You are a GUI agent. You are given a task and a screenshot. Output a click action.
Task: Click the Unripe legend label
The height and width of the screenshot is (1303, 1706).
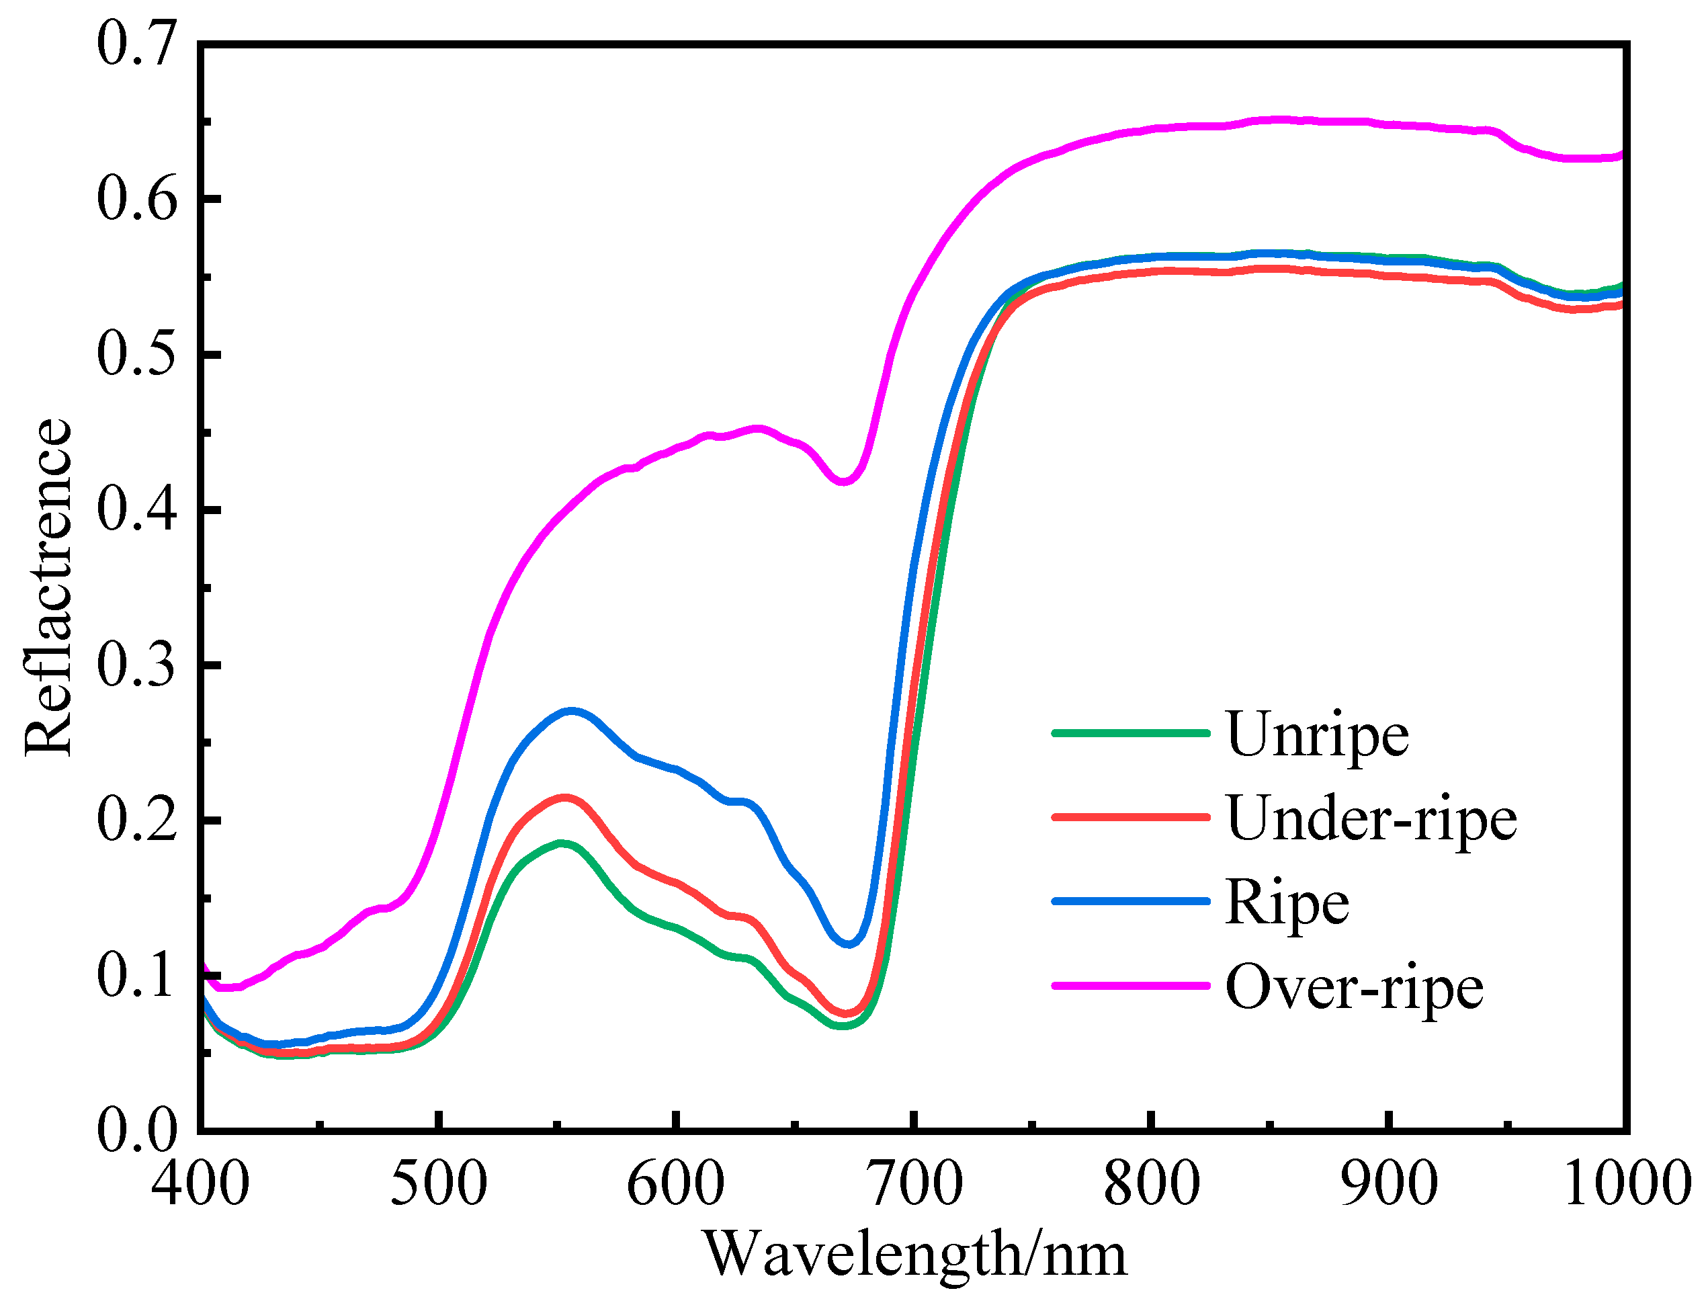1317,734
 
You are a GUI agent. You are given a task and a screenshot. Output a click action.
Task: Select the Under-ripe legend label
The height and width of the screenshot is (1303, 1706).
1371,818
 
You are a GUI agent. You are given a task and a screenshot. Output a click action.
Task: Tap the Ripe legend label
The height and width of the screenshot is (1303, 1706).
1287,902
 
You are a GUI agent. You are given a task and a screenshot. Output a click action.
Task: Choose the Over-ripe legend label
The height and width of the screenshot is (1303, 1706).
1354,987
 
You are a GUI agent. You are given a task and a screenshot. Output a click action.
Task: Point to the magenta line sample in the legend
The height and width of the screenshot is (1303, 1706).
1131,986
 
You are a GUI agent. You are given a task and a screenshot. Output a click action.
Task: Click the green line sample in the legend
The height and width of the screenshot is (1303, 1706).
1131,732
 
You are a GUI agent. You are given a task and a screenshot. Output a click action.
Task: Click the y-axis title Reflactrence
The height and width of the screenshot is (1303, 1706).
48,587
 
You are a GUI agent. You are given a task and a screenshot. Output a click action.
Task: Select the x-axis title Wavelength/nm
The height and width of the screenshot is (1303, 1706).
915,1254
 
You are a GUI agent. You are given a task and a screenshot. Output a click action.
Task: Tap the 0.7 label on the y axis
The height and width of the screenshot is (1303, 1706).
136,44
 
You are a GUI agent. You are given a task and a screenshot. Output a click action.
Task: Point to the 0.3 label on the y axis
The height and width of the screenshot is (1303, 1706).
136,665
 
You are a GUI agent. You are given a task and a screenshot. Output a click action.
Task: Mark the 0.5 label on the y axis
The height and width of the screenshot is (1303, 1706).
136,354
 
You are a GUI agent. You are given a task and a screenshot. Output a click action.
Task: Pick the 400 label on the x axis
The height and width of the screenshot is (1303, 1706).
200,1183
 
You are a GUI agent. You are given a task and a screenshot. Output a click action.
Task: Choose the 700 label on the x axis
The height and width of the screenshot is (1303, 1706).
915,1183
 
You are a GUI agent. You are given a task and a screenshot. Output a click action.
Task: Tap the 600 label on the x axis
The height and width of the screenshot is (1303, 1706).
676,1183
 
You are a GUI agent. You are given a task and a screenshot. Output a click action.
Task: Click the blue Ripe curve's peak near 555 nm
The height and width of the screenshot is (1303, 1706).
572,710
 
